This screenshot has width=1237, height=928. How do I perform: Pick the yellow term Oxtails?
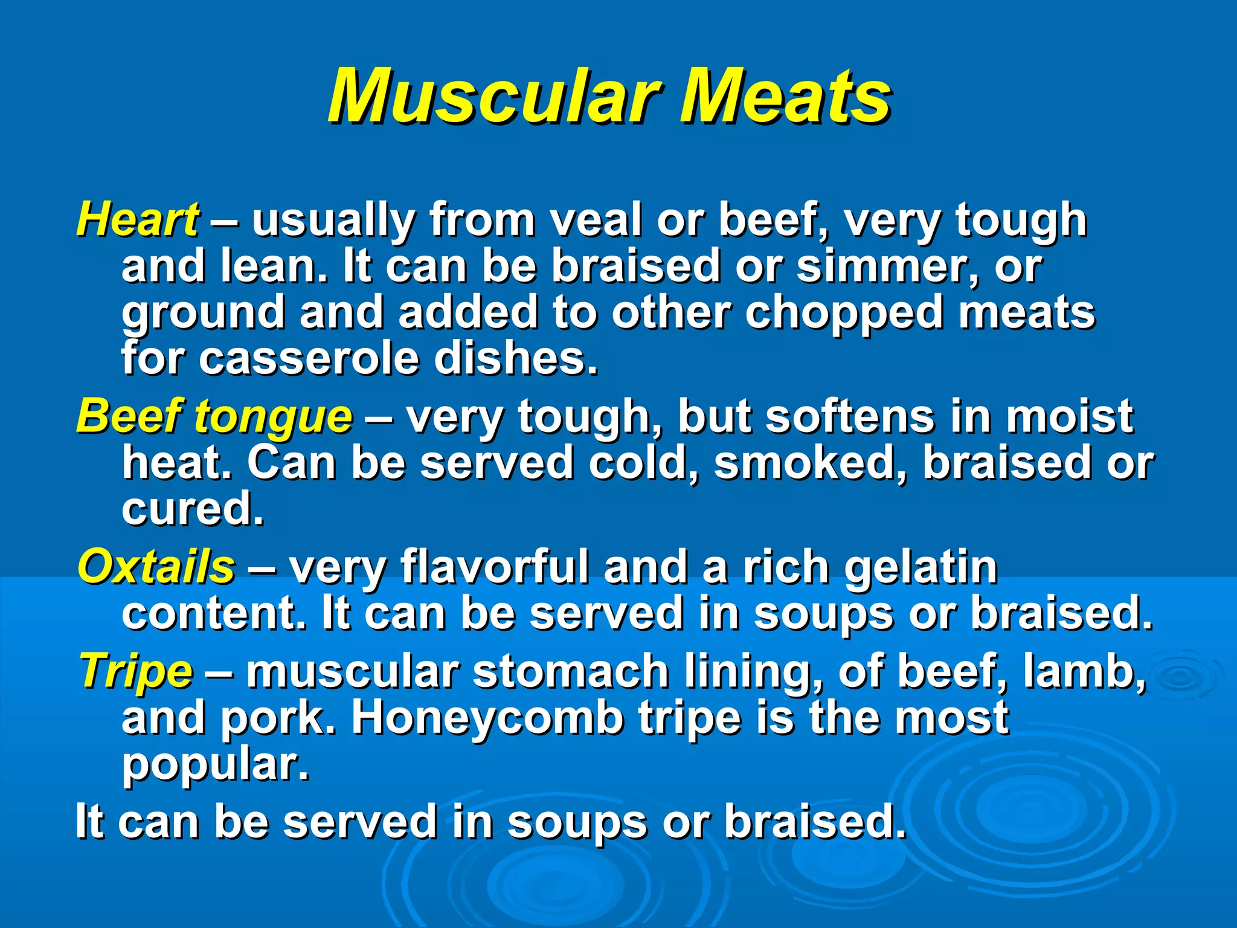[x=156, y=567]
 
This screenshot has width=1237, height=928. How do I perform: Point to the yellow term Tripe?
[x=137, y=672]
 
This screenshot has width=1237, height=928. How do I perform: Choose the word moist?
[x=1069, y=417]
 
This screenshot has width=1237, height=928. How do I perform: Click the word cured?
[x=192, y=509]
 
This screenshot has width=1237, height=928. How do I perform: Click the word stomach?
[x=570, y=672]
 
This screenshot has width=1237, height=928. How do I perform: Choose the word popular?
[x=215, y=765]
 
